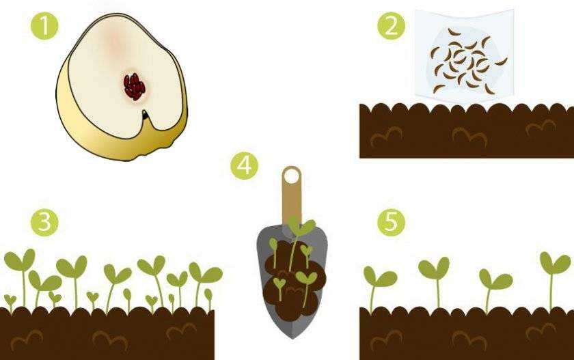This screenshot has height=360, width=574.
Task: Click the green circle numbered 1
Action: (x=44, y=26)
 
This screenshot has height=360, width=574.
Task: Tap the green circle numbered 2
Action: (x=392, y=26)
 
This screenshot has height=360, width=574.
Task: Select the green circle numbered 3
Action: (x=44, y=222)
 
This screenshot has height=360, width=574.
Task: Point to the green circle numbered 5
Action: (x=392, y=222)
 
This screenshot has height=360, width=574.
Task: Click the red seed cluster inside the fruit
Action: (x=134, y=87)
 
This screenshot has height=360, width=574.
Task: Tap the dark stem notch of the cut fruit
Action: (x=146, y=115)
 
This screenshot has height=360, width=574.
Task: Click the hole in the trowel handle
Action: (x=292, y=177)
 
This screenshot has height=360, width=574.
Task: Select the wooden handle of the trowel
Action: (x=292, y=197)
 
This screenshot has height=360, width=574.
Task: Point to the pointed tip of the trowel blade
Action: (x=292, y=338)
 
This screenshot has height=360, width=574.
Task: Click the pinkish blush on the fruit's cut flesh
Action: (x=115, y=44)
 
